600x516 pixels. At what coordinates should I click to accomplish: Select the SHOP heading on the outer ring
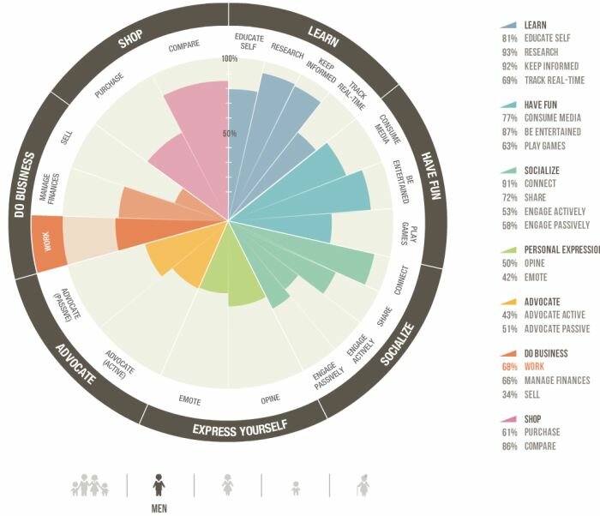point(130,38)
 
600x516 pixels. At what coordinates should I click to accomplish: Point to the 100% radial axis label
point(229,59)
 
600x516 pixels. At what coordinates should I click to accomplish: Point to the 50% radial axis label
point(229,134)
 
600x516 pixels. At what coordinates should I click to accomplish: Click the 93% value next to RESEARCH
point(511,52)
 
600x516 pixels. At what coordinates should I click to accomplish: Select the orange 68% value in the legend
point(511,367)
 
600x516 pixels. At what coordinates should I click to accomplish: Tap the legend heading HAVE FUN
point(542,105)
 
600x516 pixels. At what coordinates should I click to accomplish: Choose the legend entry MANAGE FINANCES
point(557,381)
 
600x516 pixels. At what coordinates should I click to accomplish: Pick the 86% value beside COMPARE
point(511,447)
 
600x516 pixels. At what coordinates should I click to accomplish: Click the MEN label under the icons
point(159,507)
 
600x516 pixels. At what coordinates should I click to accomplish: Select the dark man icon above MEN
point(159,485)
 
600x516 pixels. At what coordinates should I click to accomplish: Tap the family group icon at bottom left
point(91,486)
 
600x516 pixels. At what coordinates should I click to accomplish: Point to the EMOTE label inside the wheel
point(189,399)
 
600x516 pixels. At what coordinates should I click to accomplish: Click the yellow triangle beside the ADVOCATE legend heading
point(509,302)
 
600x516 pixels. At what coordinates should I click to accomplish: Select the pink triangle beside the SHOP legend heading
point(509,419)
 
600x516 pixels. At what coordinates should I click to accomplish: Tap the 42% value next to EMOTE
point(511,278)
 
